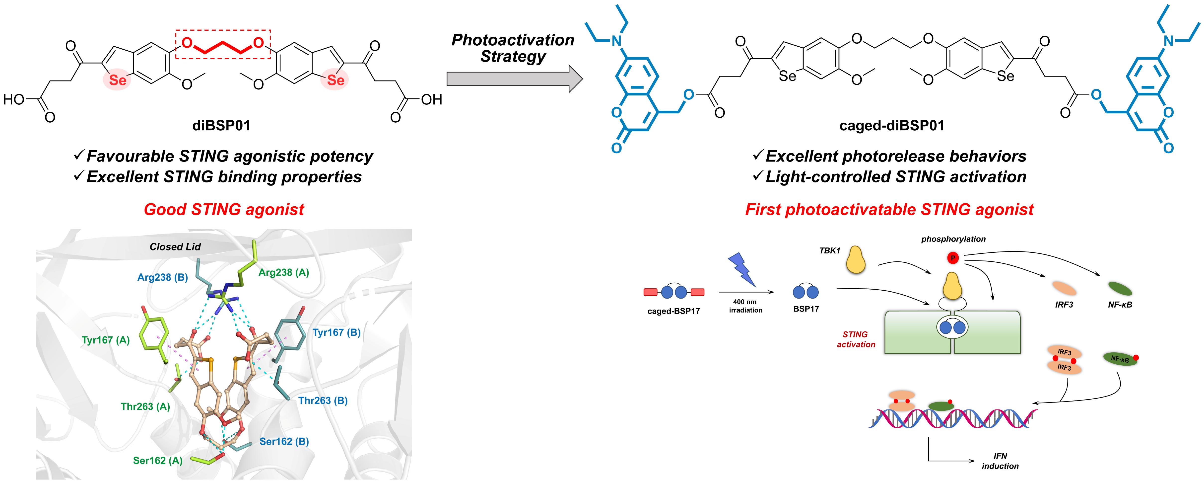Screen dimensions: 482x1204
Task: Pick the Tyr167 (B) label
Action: coord(336,332)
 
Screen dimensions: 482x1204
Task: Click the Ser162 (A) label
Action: coord(157,461)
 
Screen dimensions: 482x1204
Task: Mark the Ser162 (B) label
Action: coord(284,441)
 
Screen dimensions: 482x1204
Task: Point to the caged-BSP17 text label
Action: coord(673,311)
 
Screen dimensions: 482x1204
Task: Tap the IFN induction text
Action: coord(1000,461)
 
